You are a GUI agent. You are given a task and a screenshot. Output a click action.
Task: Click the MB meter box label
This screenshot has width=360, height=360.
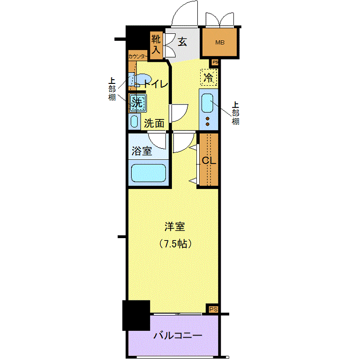[x=220, y=43]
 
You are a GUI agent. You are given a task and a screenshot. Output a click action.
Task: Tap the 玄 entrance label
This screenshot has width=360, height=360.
[x=182, y=42]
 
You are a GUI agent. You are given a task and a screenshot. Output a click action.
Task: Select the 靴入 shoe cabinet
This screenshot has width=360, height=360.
[x=156, y=45]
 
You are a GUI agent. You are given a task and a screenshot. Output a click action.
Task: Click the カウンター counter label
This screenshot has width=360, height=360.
[x=137, y=56]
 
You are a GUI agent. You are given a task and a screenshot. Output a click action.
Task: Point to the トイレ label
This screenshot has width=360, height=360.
[x=156, y=84]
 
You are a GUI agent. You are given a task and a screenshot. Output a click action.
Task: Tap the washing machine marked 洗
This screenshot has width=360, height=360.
[x=137, y=103]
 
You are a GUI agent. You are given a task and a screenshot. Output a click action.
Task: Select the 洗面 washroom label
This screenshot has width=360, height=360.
[x=154, y=123]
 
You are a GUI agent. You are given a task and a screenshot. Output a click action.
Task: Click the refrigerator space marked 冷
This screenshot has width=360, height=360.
[x=209, y=77]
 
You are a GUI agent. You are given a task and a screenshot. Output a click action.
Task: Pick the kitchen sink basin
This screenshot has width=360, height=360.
[x=207, y=103]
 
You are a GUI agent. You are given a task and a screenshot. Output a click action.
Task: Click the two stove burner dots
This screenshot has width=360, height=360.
[x=208, y=121]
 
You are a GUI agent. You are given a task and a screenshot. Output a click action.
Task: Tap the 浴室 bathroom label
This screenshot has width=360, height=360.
[x=142, y=151]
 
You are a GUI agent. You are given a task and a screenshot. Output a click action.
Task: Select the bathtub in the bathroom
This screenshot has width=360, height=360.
[x=148, y=173]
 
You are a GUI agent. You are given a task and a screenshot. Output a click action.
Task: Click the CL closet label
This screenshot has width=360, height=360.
[x=209, y=160]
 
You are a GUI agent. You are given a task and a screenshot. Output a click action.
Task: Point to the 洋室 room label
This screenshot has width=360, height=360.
[x=175, y=226]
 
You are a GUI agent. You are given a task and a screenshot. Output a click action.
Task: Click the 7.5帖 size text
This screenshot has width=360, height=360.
[x=175, y=244]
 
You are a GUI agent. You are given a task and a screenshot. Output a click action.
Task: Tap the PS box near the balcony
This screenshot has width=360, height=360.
[x=213, y=309]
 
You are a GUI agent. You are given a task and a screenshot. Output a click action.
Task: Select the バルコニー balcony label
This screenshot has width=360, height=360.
[x=178, y=336]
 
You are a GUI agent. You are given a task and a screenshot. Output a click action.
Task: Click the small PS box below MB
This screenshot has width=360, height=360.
[x=215, y=62]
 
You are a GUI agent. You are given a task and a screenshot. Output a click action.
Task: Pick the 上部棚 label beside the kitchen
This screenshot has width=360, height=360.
[x=235, y=113]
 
